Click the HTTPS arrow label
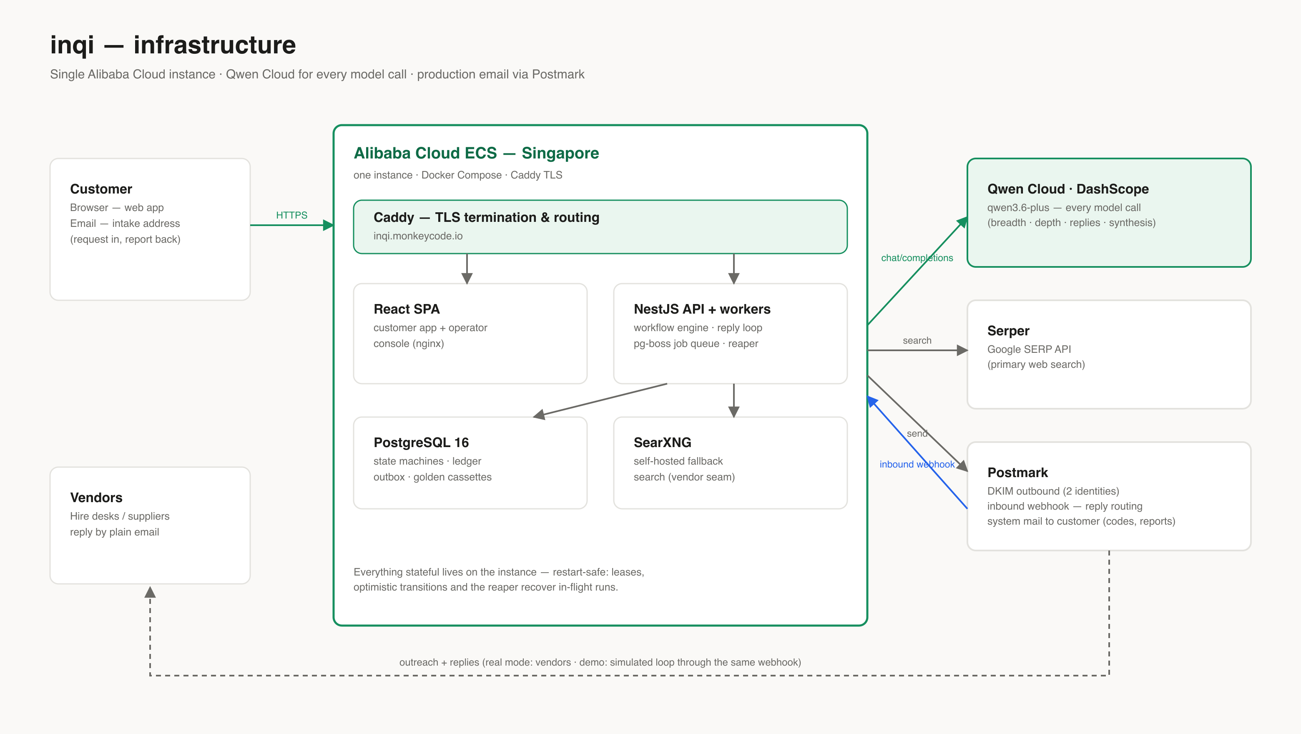(x=291, y=215)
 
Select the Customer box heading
(x=101, y=189)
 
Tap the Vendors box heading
(x=96, y=498)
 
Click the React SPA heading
(x=407, y=309)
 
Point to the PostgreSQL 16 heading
(x=421, y=442)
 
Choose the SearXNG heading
(x=663, y=442)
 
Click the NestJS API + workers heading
(x=702, y=309)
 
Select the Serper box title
(x=1008, y=331)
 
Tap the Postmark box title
(x=1018, y=473)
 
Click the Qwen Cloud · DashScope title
(x=1068, y=189)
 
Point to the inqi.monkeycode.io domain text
(x=418, y=236)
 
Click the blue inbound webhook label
(x=917, y=464)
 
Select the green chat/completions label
(x=917, y=258)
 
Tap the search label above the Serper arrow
(x=917, y=340)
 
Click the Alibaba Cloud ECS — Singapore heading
(x=476, y=153)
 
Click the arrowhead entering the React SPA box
(x=467, y=278)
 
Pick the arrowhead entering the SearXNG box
(x=734, y=412)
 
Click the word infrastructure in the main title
(x=215, y=45)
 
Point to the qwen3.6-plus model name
(x=1018, y=208)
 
